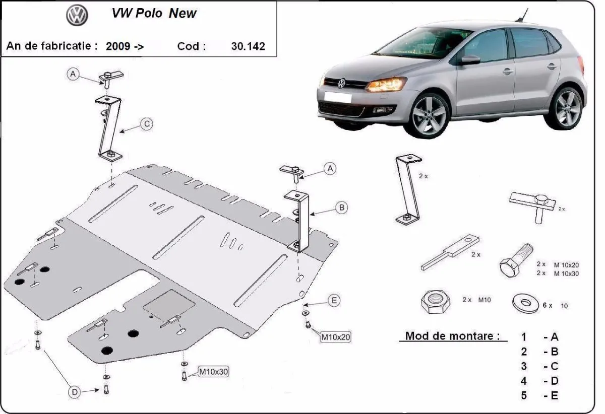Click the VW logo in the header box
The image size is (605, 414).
[77, 16]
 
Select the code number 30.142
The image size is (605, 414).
[248, 46]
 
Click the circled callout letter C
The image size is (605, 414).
[146, 124]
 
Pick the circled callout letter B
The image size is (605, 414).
[341, 207]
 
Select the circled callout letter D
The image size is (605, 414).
[74, 391]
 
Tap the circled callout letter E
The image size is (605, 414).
[333, 301]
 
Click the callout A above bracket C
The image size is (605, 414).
[73, 75]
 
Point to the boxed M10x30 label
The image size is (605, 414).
[214, 372]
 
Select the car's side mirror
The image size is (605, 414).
[470, 59]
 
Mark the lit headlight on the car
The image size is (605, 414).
[386, 84]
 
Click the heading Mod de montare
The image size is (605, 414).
[453, 336]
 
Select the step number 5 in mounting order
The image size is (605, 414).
[524, 395]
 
